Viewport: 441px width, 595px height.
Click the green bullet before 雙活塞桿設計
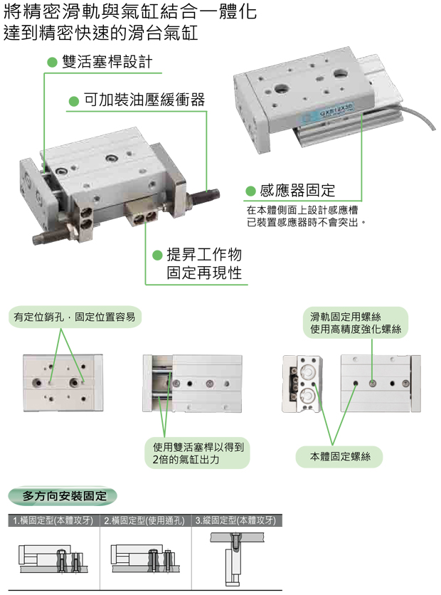51,62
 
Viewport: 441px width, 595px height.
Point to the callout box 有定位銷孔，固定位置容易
74,317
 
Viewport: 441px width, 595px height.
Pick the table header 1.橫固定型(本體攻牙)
55,520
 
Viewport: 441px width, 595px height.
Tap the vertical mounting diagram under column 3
234,556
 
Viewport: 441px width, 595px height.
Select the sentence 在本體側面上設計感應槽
302,211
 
